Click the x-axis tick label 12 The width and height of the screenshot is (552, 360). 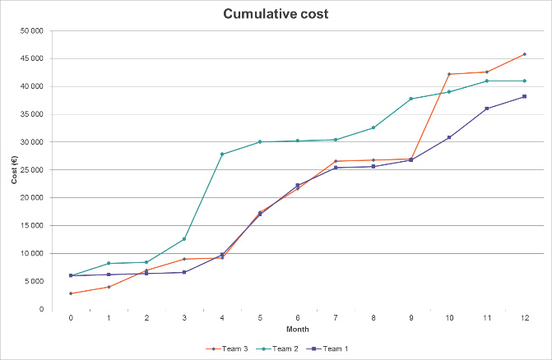coord(525,317)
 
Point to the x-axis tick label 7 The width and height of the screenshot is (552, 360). coord(336,317)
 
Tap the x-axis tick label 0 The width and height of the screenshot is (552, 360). coord(71,317)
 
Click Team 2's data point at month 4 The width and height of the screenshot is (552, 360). coord(222,154)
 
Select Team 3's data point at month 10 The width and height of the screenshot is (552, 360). coord(449,74)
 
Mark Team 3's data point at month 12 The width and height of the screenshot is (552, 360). coord(525,54)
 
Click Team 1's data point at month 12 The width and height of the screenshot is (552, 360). coord(525,96)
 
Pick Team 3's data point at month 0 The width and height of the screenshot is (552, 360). coord(71,293)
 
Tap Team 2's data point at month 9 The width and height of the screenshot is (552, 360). coord(411,99)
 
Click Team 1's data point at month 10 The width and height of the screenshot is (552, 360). coord(449,137)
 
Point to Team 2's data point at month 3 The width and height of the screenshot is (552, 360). coord(184,239)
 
